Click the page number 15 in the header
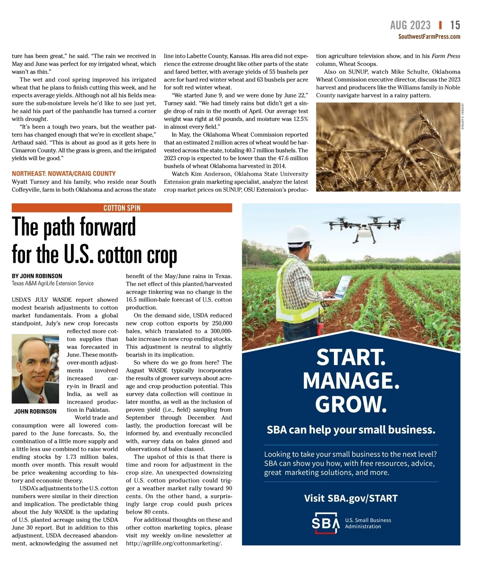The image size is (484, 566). click(x=455, y=25)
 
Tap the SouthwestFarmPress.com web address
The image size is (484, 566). click(x=429, y=37)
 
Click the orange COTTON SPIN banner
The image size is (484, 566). click(x=122, y=208)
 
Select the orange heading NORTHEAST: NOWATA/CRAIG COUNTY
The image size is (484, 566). click(x=64, y=174)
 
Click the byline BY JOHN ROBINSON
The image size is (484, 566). click(x=37, y=276)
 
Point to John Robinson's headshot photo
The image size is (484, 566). click(x=35, y=369)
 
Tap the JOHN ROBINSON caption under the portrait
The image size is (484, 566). click(x=35, y=411)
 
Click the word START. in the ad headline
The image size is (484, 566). click(x=351, y=357)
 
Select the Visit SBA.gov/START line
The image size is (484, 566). click(x=351, y=498)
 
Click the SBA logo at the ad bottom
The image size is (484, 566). click(x=325, y=523)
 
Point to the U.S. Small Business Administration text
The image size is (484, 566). click(x=368, y=523)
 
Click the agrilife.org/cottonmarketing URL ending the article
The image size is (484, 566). click(x=174, y=543)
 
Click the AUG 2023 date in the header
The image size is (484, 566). click(x=410, y=25)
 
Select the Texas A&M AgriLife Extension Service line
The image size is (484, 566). click(x=53, y=284)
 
